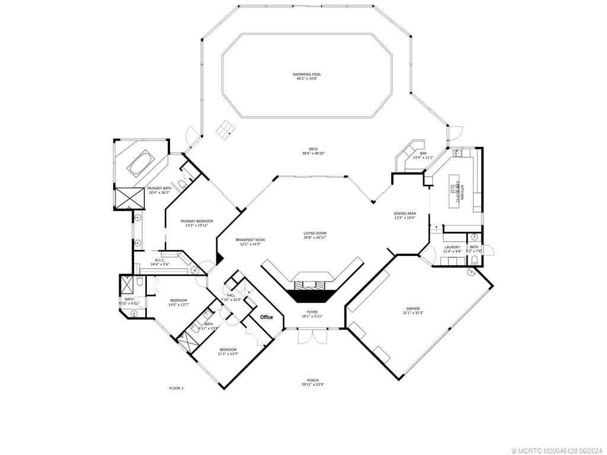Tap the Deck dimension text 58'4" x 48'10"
pyautogui.click(x=313, y=153)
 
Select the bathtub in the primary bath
pyautogui.click(x=140, y=162)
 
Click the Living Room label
pyautogui.click(x=315, y=233)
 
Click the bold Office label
pyautogui.click(x=267, y=317)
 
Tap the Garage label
pyautogui.click(x=413, y=308)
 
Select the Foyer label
pyautogui.click(x=312, y=312)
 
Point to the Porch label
pyautogui.click(x=312, y=380)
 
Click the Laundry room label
pyautogui.click(x=452, y=247)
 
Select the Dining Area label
pyautogui.click(x=405, y=213)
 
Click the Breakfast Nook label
pyautogui.click(x=250, y=240)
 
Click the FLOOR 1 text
pyautogui.click(x=176, y=388)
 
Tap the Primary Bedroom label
pyautogui.click(x=197, y=221)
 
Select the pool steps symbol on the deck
pyautogui.click(x=225, y=130)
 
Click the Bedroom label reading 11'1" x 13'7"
pyautogui.click(x=228, y=350)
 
